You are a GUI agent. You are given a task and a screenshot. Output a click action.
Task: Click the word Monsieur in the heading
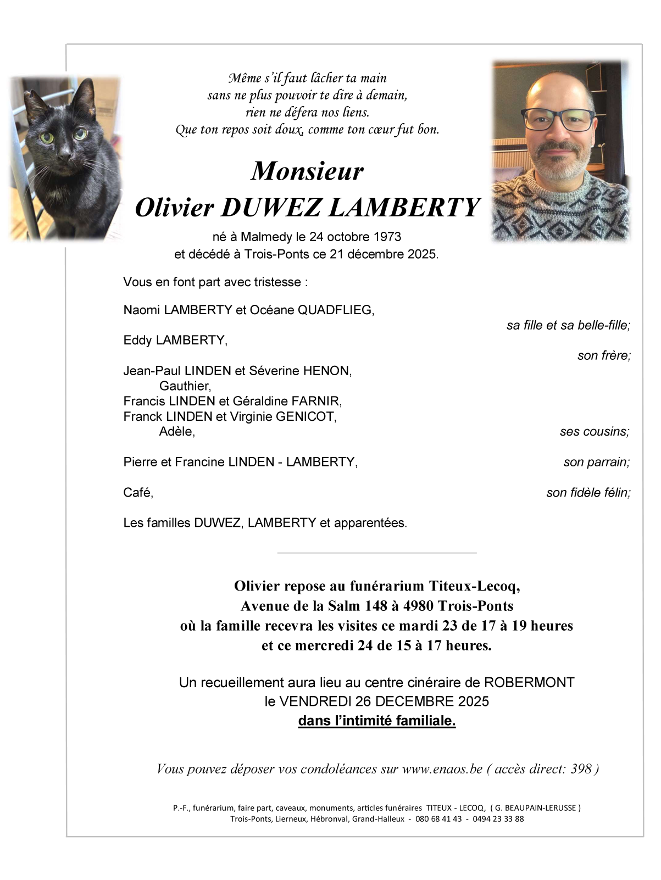click(x=307, y=171)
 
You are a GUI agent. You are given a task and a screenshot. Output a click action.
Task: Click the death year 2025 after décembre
click(x=422, y=254)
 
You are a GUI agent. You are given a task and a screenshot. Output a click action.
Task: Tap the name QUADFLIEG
click(x=335, y=310)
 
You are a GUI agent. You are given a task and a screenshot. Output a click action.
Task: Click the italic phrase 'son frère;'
click(x=603, y=355)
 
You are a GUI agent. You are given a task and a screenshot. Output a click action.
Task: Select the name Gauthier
click(x=185, y=386)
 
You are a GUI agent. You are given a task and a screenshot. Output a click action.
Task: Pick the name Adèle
click(x=177, y=431)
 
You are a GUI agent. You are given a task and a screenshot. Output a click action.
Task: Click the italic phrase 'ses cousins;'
click(x=595, y=432)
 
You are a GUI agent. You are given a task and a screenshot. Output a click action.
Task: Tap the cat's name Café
click(x=138, y=493)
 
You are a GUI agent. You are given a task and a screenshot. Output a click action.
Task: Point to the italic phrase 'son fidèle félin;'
click(x=588, y=493)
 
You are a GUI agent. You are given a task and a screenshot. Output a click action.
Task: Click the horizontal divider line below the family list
click(x=377, y=553)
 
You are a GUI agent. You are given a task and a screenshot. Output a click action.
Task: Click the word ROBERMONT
click(x=529, y=682)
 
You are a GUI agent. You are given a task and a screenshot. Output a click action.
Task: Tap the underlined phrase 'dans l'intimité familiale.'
click(x=377, y=721)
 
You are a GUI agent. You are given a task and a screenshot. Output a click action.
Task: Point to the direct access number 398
click(x=581, y=768)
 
